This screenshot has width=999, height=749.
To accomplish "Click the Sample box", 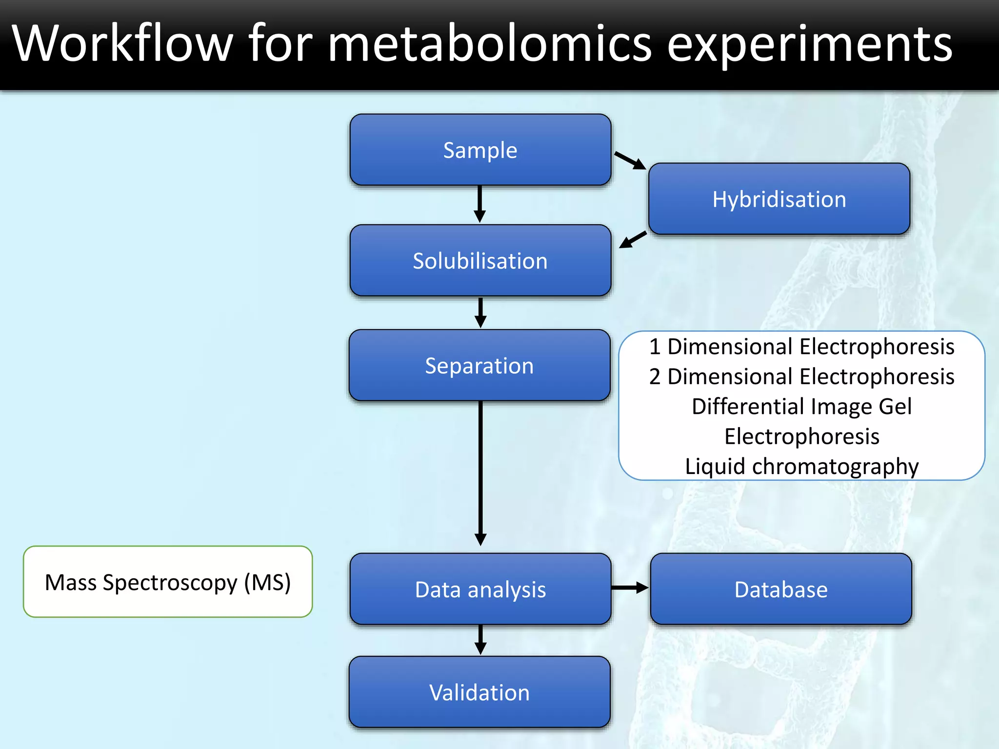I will (480, 150).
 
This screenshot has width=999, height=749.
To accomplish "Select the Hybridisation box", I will (779, 199).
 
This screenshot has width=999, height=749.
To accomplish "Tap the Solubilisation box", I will (480, 260).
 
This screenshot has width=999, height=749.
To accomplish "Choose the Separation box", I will (480, 366).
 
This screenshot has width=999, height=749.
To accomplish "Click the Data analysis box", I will (480, 589).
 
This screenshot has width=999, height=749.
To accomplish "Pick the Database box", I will (780, 589).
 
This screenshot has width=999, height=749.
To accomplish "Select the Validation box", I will (480, 692).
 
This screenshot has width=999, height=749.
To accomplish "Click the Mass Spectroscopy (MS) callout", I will (168, 582).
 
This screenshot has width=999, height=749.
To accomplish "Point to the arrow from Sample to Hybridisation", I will (630, 160).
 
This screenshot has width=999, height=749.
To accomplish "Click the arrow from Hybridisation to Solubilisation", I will (633, 239).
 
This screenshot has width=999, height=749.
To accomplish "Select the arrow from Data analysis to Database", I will (629, 588).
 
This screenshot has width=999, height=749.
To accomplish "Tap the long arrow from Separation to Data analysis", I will (480, 473).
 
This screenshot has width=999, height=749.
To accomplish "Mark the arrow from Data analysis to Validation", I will (480, 639).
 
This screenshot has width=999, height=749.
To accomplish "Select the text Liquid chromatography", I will (801, 466).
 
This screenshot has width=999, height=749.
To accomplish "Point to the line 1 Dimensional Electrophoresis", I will (801, 347).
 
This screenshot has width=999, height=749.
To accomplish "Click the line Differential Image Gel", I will (801, 406).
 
